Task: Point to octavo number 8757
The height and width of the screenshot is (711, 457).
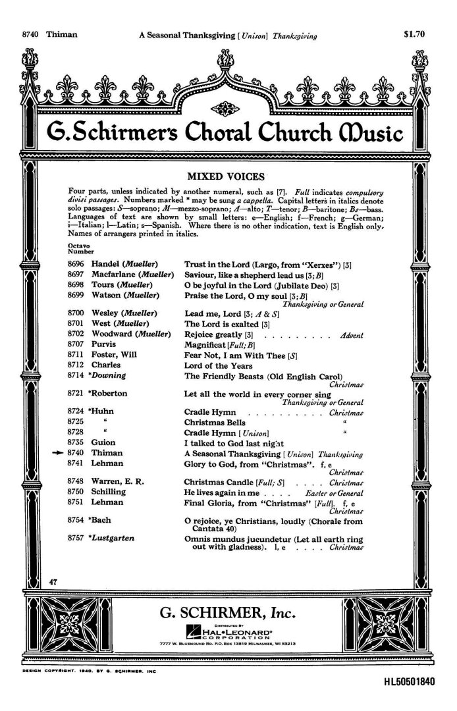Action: [77, 538]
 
